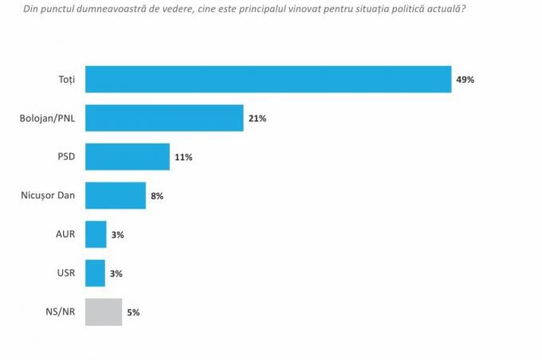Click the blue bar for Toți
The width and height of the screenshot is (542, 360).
point(269,80)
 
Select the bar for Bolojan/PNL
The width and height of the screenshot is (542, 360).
point(164,118)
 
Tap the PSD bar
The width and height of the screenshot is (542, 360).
point(128,157)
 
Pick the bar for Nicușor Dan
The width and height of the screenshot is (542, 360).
point(116,196)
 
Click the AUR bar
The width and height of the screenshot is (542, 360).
point(96,234)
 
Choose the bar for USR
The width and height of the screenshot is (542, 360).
point(95,273)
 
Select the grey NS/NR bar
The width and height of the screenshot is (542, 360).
point(104,312)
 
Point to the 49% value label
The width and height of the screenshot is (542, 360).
point(465,80)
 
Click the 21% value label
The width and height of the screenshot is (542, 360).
point(257,119)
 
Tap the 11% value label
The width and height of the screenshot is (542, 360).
point(183,157)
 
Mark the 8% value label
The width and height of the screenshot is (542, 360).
point(157,196)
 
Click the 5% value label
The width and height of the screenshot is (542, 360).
point(133,312)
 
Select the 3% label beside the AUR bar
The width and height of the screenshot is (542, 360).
point(117,235)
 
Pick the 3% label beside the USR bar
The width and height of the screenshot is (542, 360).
point(116,274)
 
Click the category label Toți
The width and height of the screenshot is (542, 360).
point(67,80)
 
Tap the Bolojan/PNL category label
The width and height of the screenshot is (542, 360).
point(47,118)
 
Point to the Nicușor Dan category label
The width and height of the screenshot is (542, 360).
point(48,195)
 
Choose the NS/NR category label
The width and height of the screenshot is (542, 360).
point(60,311)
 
